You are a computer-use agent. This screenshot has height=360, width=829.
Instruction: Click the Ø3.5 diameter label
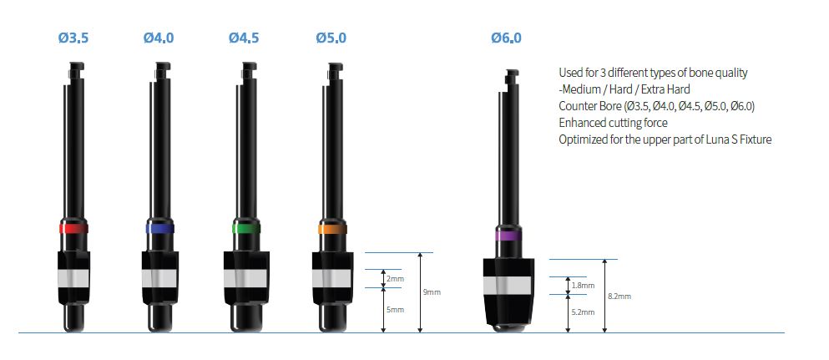point(73,38)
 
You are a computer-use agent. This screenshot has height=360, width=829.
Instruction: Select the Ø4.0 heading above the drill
point(159,38)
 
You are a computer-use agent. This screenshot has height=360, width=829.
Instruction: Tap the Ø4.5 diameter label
point(244,38)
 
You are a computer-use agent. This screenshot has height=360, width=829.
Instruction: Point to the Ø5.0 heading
point(331,38)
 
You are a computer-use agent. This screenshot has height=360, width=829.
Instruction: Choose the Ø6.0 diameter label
point(506,38)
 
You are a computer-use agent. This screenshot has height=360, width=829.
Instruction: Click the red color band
point(73,228)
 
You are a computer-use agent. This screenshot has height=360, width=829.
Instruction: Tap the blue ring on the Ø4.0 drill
point(159,228)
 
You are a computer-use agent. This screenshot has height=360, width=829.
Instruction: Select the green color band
point(246,228)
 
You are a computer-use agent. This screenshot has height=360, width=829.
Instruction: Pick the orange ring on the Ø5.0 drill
point(332,228)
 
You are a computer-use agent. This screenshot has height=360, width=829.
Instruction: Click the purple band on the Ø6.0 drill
point(508,236)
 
